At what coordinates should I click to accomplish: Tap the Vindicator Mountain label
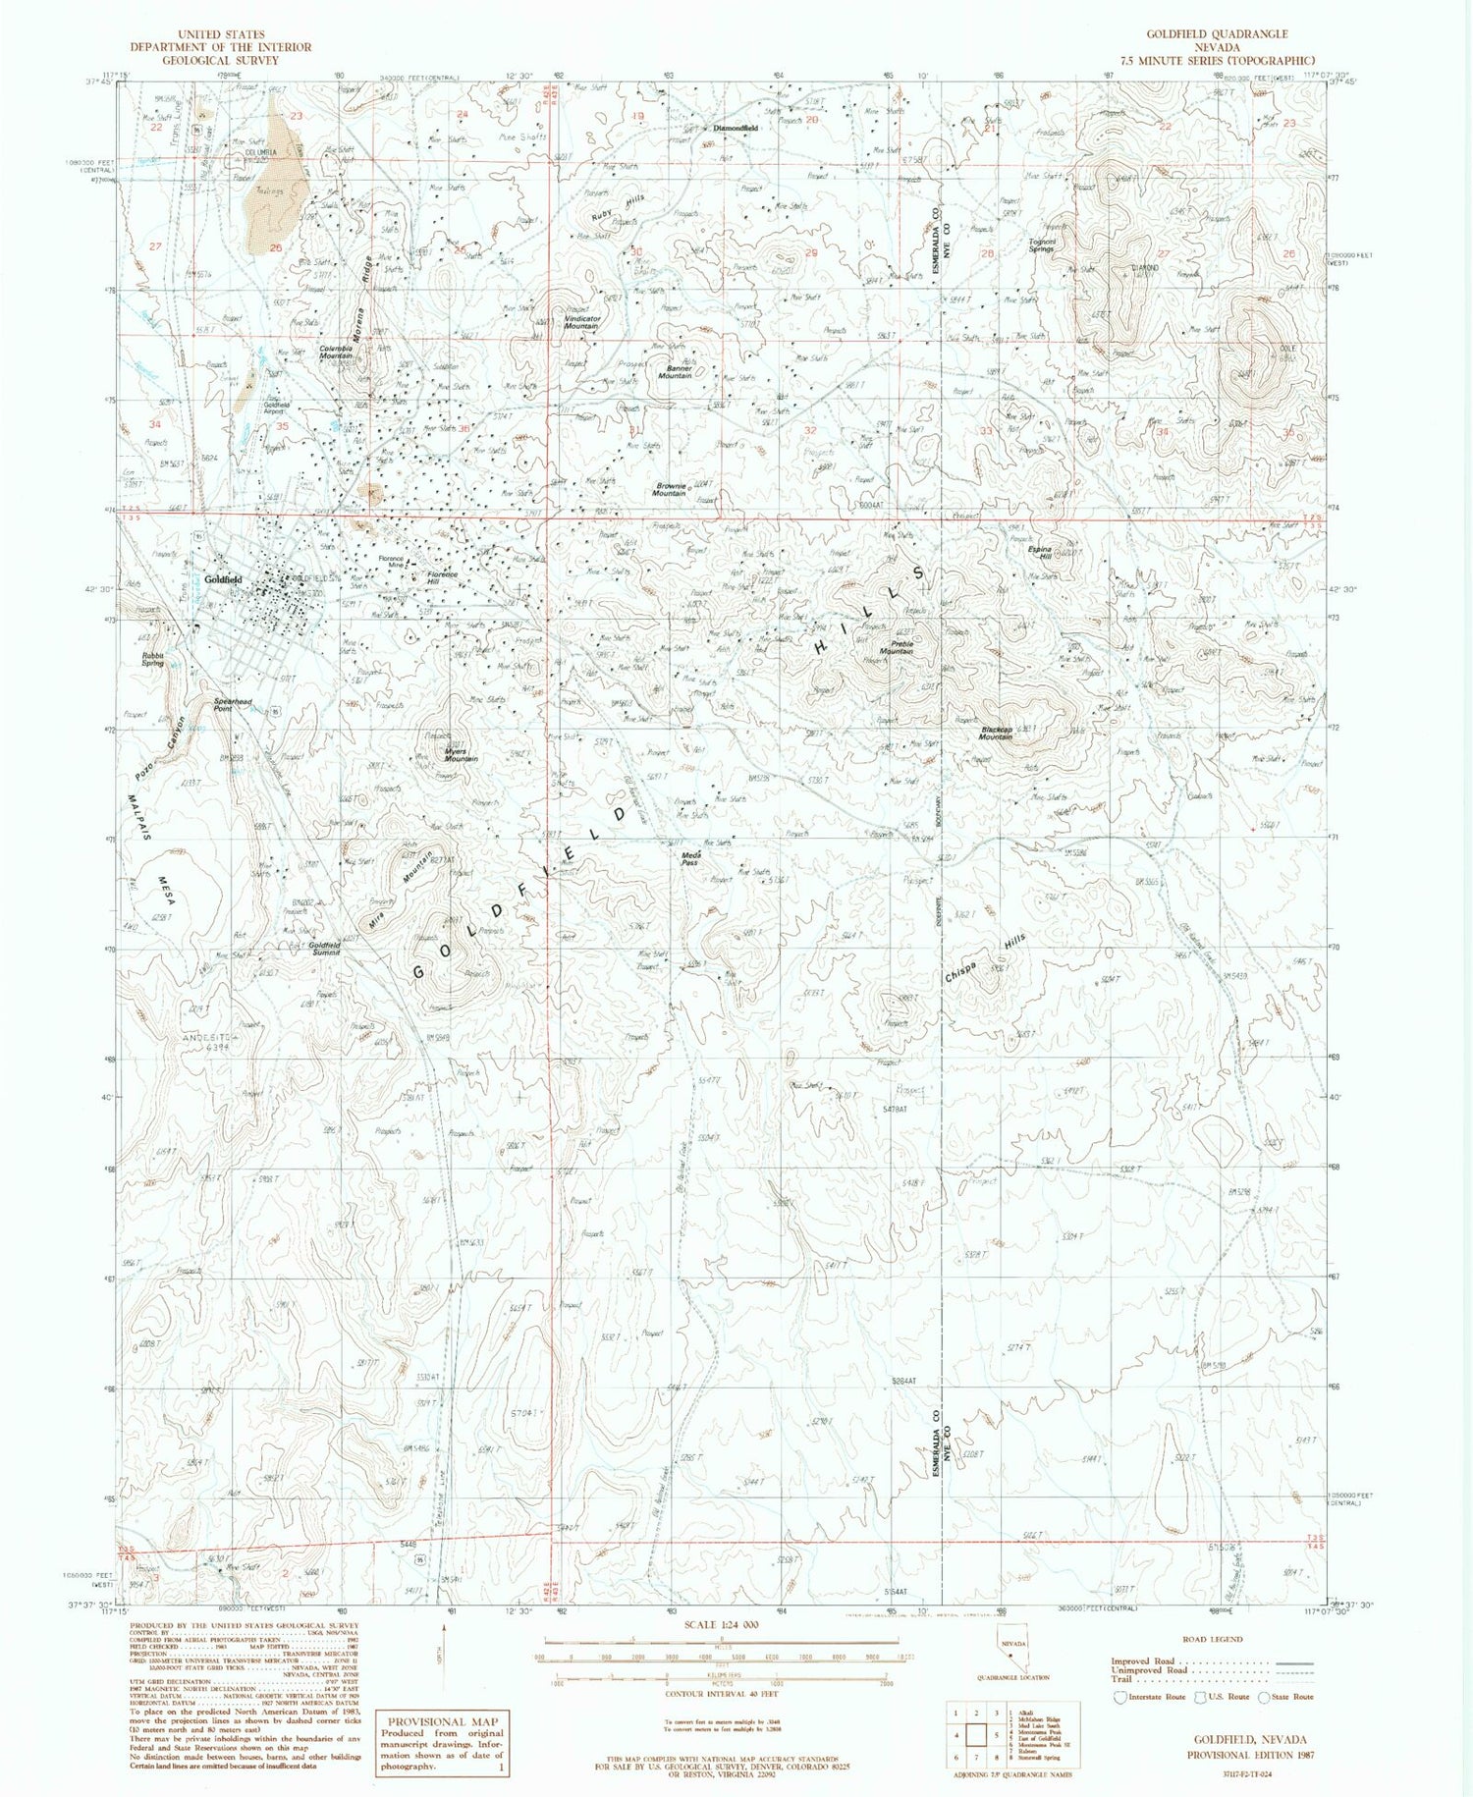coord(582,322)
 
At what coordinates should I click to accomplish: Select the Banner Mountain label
coord(675,372)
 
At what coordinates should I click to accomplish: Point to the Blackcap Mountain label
coord(996,733)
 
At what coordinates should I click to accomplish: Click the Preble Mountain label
coord(896,648)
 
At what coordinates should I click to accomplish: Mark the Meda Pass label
coord(690,858)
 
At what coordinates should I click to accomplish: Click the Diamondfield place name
coord(736,129)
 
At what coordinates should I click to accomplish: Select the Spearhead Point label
coord(233,704)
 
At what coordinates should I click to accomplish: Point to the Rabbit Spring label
coord(152,658)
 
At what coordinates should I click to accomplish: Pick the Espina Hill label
coord(1039,553)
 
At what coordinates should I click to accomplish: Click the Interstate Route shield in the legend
coord(1121,1697)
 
